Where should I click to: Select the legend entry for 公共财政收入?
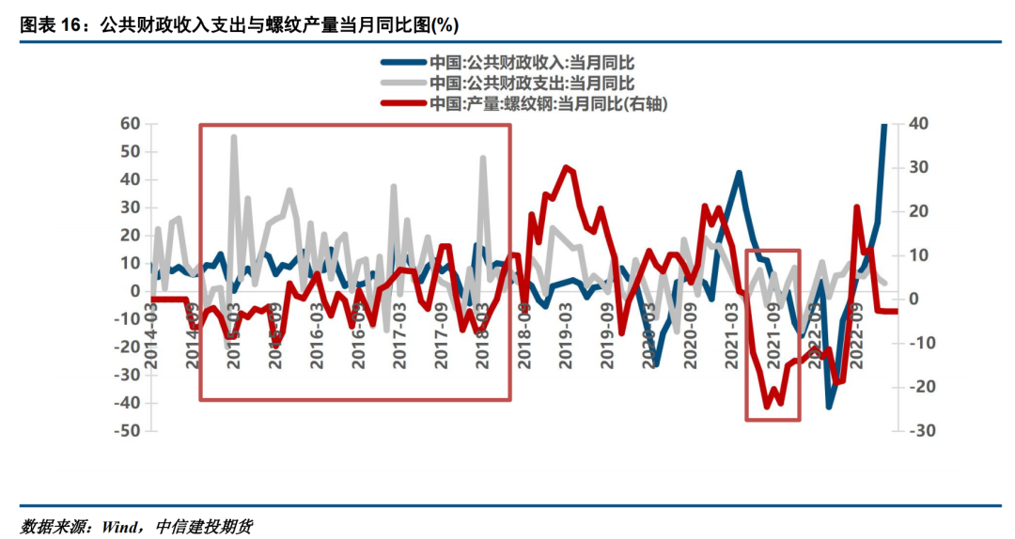[x=532, y=63]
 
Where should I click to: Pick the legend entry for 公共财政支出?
[x=532, y=84]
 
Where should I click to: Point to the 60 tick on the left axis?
[x=129, y=124]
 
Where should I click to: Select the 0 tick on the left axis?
[x=133, y=291]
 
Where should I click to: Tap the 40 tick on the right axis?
[x=918, y=124]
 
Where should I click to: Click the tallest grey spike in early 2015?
[x=233, y=137]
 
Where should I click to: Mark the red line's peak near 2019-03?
[x=566, y=168]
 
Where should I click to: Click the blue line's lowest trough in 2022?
[x=829, y=407]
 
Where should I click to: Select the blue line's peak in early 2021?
[x=739, y=173]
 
